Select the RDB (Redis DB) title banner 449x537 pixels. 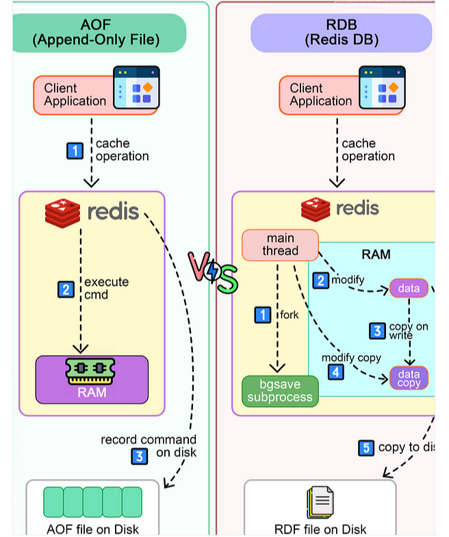pos(341,32)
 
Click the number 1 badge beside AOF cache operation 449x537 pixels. pos(75,150)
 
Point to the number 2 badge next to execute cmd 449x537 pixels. pos(65,289)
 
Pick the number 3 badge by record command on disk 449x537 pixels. pos(140,455)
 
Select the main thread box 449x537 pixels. pos(281,244)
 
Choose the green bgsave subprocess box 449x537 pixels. pos(281,391)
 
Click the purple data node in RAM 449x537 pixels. pos(409,288)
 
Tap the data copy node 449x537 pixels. pos(409,378)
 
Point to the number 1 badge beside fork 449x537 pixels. pos(262,315)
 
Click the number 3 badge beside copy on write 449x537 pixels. pos(377,330)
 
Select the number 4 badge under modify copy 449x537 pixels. pos(335,372)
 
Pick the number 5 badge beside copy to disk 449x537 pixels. pos(366,448)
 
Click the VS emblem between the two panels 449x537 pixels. pos(213,272)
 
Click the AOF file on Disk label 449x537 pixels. pos(92,529)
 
